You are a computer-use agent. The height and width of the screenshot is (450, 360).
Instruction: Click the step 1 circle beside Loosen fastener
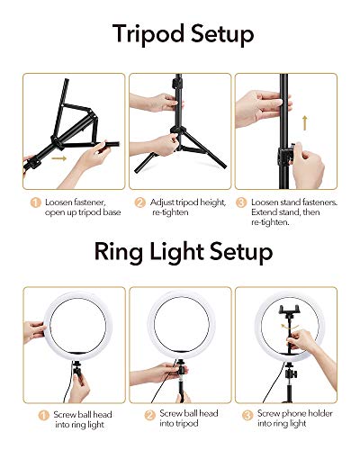tap(35, 202)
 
